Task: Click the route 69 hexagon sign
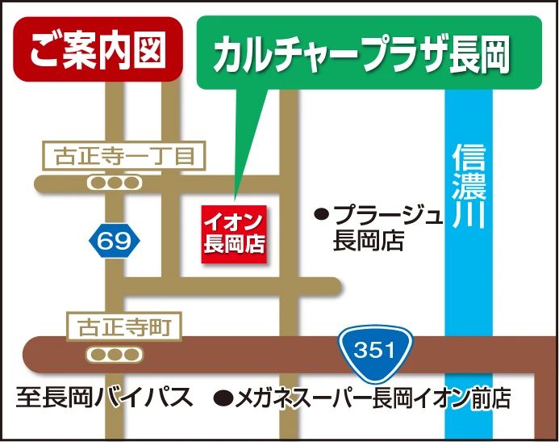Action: pos(115,240)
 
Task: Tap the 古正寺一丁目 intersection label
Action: pos(123,156)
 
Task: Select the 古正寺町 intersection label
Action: pos(123,328)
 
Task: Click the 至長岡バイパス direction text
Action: pos(105,398)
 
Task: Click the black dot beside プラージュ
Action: pos(322,215)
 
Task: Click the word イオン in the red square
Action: pos(234,221)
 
